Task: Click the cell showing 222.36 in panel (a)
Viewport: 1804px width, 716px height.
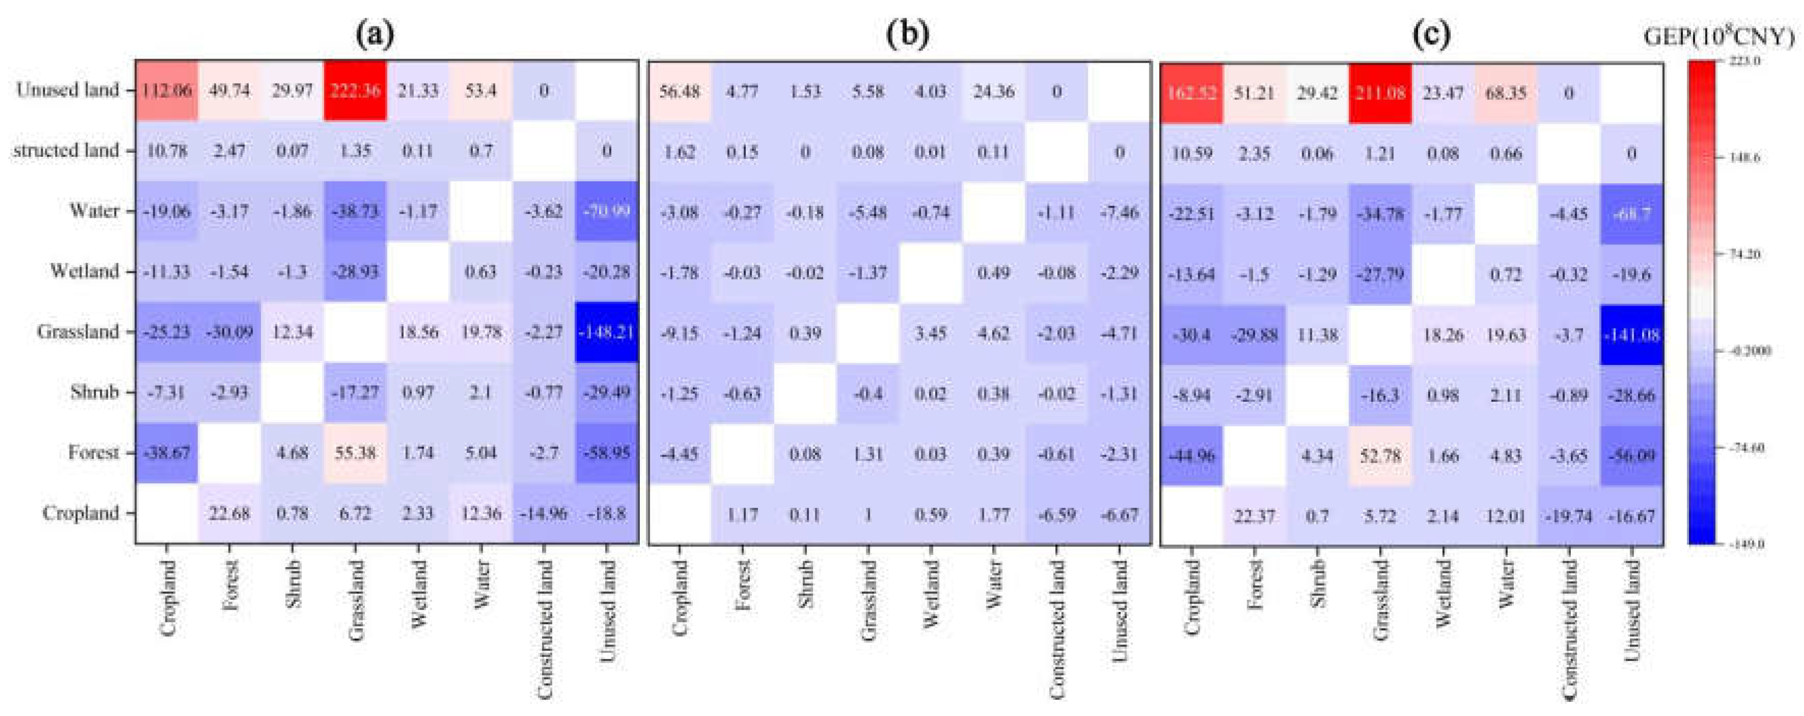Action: (355, 90)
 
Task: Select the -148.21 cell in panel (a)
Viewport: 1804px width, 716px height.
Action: (606, 332)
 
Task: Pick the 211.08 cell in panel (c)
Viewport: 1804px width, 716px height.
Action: (1379, 93)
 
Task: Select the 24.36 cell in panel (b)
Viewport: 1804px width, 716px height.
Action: (993, 92)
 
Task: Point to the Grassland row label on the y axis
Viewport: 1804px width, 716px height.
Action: (78, 332)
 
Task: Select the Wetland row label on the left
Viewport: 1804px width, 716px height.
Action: (84, 271)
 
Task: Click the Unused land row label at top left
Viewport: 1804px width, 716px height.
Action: (67, 90)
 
